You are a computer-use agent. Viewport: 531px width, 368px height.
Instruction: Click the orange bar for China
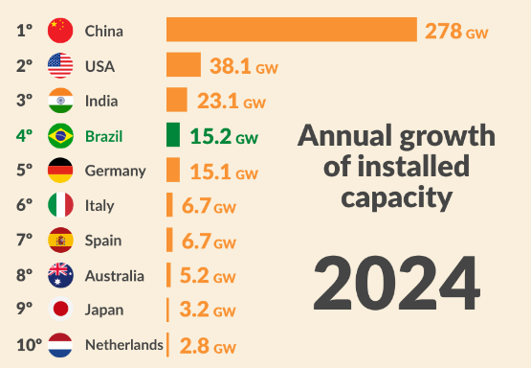pyautogui.click(x=292, y=30)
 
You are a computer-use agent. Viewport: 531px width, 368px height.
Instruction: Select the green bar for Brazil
pyautogui.click(x=173, y=135)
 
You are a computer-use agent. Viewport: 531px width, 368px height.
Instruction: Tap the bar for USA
pyautogui.click(x=184, y=65)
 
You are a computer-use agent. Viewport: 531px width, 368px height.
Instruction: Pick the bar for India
pyautogui.click(x=177, y=100)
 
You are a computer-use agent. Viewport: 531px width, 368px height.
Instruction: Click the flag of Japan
pyautogui.click(x=60, y=310)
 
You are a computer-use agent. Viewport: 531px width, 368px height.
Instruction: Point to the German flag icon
pyautogui.click(x=60, y=171)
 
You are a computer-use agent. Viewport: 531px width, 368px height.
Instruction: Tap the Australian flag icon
pyautogui.click(x=60, y=275)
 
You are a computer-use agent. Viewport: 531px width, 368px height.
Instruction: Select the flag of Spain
pyautogui.click(x=60, y=240)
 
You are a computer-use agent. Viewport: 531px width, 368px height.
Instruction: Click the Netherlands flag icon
pyautogui.click(x=60, y=344)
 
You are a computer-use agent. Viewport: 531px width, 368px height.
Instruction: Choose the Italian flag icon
pyautogui.click(x=60, y=205)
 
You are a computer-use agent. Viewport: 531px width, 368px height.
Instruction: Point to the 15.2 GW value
pyautogui.click(x=223, y=136)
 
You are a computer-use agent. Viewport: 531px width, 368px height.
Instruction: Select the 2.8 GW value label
pyautogui.click(x=207, y=345)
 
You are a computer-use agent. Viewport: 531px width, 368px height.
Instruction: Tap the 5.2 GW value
pyautogui.click(x=207, y=276)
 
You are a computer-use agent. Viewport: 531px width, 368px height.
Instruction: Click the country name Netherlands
pyautogui.click(x=123, y=344)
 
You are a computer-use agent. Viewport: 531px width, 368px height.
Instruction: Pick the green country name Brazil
pyautogui.click(x=103, y=135)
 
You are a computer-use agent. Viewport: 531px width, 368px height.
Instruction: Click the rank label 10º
pyautogui.click(x=29, y=344)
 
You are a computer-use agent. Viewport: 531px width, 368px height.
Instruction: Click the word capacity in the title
pyautogui.click(x=396, y=199)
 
